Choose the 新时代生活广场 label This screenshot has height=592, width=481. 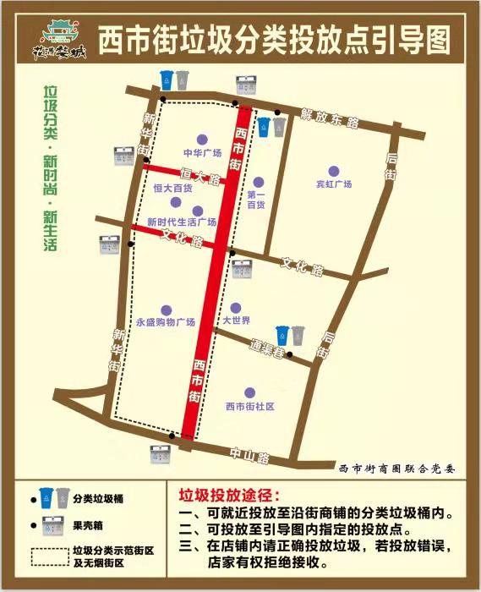tap(182, 222)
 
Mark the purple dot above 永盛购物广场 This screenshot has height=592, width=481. tap(166, 310)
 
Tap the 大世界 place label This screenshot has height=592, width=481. tap(236, 321)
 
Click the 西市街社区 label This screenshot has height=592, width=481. tap(249, 406)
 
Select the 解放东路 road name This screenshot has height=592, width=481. tap(330, 118)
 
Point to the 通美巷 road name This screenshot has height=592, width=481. tap(268, 347)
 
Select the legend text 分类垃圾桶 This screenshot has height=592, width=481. tap(97, 499)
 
